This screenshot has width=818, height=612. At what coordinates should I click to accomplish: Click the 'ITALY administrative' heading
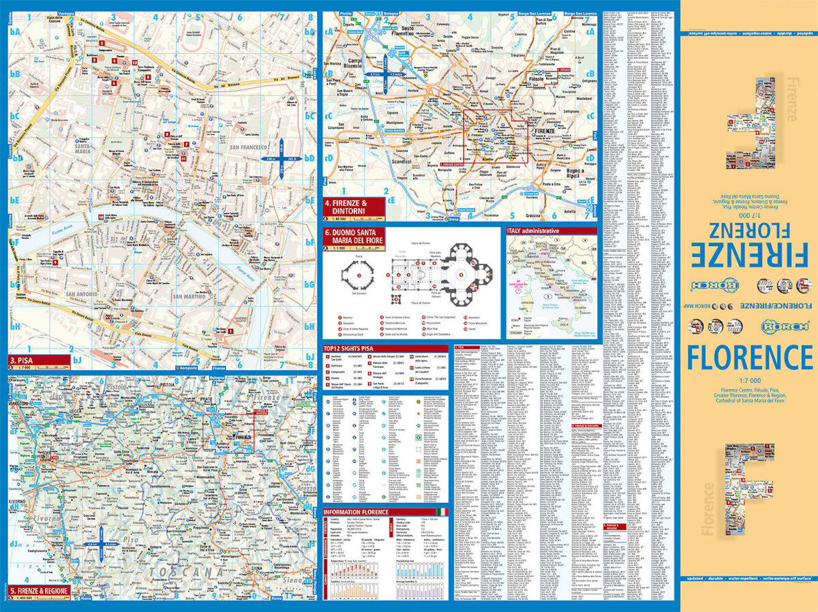[533, 231]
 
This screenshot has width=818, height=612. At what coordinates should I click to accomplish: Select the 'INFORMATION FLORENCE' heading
[356, 512]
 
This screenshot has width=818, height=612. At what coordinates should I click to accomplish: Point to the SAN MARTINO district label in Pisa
[189, 296]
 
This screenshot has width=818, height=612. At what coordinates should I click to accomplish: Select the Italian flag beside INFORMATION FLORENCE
[442, 512]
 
